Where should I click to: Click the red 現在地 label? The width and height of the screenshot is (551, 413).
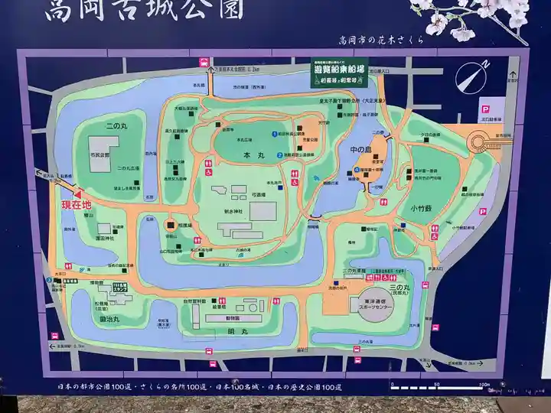tap(75, 205)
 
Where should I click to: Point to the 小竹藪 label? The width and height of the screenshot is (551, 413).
tap(421, 206)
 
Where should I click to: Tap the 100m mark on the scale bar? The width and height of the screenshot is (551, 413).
tap(483, 383)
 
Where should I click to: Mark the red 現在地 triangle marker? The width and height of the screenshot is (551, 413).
tap(77, 193)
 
